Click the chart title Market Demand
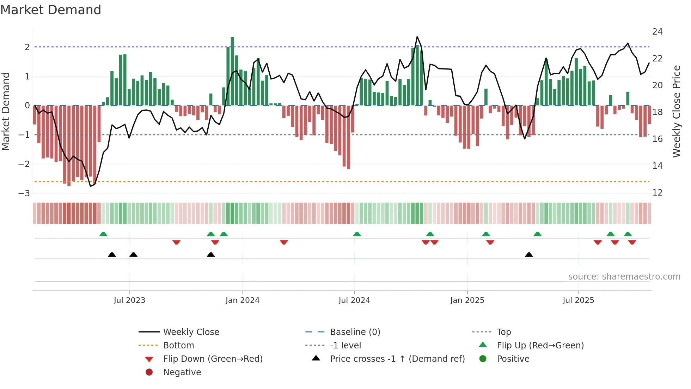(x=51, y=10)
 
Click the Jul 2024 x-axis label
(x=354, y=300)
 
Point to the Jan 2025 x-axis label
(x=467, y=300)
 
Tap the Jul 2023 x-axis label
(x=129, y=300)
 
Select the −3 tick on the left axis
(x=25, y=193)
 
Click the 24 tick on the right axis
(x=657, y=32)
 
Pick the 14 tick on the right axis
(x=657, y=166)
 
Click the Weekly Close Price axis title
(x=676, y=111)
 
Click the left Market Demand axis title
(x=6, y=111)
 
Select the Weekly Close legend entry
(x=191, y=332)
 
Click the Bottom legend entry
(x=178, y=346)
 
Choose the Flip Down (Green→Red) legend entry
(x=213, y=359)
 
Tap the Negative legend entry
(x=182, y=372)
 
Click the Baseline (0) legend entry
(x=355, y=332)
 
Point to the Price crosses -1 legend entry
(x=397, y=359)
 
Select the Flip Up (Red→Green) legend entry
(x=540, y=346)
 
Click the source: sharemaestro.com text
(x=624, y=277)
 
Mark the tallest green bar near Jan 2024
(x=232, y=71)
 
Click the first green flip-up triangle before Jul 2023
(x=103, y=234)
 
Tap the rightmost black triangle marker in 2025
(x=529, y=255)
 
